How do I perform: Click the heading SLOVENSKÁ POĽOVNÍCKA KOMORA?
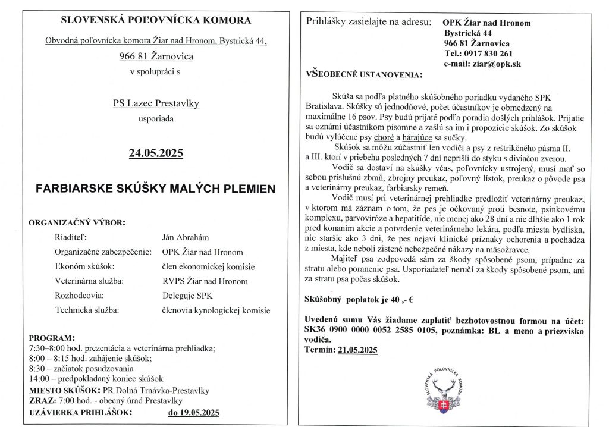[x=156, y=20]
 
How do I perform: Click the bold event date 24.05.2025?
[x=156, y=154]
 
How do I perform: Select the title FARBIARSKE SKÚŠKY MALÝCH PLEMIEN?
[x=156, y=189]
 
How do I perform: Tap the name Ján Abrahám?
[x=187, y=237]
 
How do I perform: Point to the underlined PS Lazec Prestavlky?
[x=156, y=103]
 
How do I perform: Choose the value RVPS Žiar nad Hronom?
[x=205, y=281]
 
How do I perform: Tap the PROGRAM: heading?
[x=52, y=337]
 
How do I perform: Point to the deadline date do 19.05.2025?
[x=194, y=412]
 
